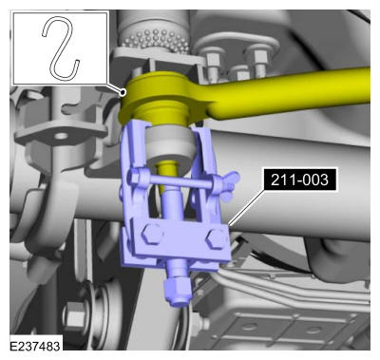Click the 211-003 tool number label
click(299, 180)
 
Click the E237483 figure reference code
click(35, 346)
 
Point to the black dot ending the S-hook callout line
click(123, 92)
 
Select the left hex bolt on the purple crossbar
click(152, 235)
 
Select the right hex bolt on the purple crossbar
click(216, 239)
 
